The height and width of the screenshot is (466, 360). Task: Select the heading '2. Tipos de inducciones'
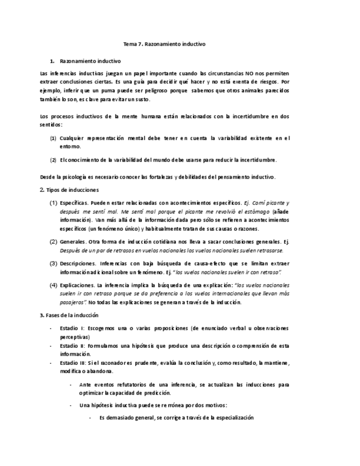pos(69,190)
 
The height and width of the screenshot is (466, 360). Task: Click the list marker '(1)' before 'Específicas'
pos(54,203)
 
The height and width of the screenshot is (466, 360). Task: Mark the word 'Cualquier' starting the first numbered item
pos(72,138)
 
